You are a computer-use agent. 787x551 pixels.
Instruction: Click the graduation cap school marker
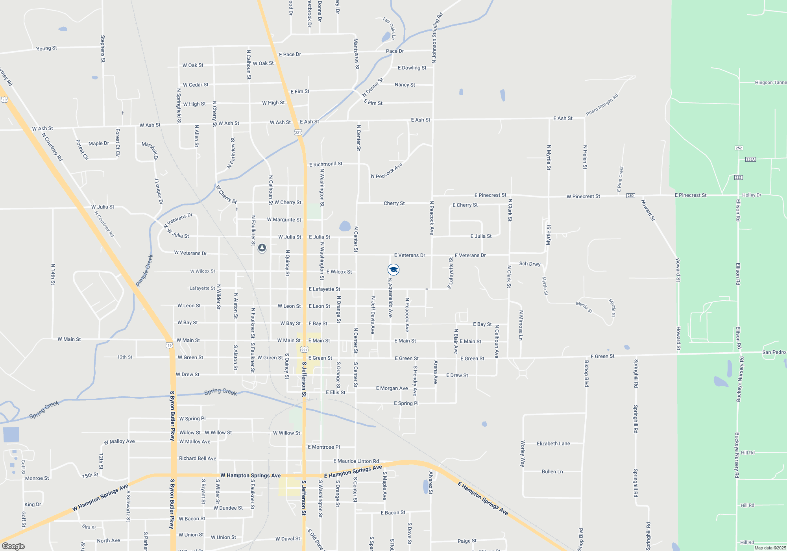pos(393,270)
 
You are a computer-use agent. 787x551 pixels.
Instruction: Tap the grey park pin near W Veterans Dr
pos(262,248)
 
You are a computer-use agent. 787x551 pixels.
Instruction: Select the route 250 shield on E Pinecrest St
pos(630,196)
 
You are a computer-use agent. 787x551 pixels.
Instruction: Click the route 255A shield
pos(750,159)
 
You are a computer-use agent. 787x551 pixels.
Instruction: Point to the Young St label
pos(46,48)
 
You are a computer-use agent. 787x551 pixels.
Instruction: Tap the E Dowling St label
pos(412,68)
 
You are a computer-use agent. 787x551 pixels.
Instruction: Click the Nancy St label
pos(405,85)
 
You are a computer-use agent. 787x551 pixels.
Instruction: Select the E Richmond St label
pos(325,164)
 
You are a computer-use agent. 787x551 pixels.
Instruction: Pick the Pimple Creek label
pos(144,270)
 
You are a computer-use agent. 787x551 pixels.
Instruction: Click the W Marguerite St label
pos(284,220)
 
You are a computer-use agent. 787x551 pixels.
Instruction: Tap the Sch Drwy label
pos(530,264)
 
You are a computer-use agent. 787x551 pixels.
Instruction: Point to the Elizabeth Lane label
pos(553,444)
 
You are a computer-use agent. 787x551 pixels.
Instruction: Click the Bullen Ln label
pos(552,471)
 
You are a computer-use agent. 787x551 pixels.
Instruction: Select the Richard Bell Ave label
pos(198,459)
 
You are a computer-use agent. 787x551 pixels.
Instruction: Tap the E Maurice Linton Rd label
pos(356,461)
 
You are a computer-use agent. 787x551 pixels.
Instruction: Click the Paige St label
pos(467,541)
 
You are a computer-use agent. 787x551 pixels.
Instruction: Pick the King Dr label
pos(33,505)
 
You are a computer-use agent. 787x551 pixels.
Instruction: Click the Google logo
pos(13,546)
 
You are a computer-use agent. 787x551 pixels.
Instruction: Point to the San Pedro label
pos(774,352)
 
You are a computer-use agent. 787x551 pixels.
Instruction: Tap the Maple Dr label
pos(98,144)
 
